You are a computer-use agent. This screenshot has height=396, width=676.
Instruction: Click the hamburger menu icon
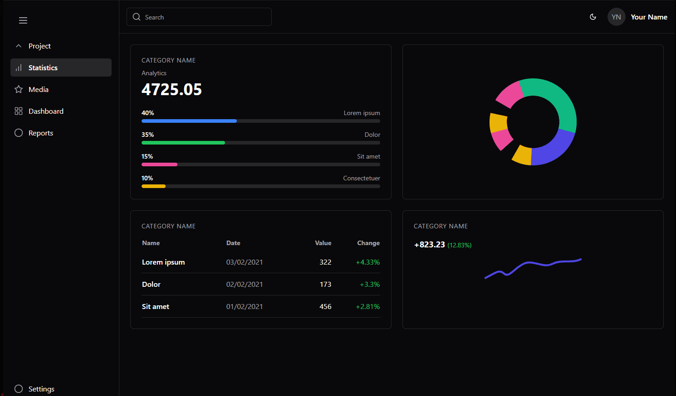pyautogui.click(x=23, y=20)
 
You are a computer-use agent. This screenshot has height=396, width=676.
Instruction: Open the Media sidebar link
pyautogui.click(x=38, y=90)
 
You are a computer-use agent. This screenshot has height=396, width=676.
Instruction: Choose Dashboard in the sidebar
pyautogui.click(x=45, y=111)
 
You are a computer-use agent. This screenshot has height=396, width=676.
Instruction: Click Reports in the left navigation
pyautogui.click(x=40, y=133)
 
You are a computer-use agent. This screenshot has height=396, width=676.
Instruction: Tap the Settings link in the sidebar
pyautogui.click(x=41, y=389)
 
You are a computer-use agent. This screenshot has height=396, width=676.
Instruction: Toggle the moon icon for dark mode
pyautogui.click(x=593, y=17)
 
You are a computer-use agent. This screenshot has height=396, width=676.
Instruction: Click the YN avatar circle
pyautogui.click(x=616, y=17)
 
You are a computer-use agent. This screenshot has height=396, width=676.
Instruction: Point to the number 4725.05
pyautogui.click(x=171, y=90)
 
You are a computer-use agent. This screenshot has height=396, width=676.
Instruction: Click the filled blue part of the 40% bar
pyautogui.click(x=189, y=121)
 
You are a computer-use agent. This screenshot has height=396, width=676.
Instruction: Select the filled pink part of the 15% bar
pyautogui.click(x=159, y=164)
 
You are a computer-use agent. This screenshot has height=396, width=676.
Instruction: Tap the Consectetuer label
pyautogui.click(x=361, y=179)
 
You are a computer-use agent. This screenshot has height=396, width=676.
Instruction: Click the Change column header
pyautogui.click(x=368, y=243)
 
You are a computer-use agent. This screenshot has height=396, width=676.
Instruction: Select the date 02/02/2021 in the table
pyautogui.click(x=244, y=285)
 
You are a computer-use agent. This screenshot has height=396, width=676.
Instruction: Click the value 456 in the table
pyautogui.click(x=325, y=307)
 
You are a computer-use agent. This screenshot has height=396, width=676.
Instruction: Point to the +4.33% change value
pyautogui.click(x=367, y=262)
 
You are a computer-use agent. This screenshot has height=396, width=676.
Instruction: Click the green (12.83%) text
pyautogui.click(x=459, y=245)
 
